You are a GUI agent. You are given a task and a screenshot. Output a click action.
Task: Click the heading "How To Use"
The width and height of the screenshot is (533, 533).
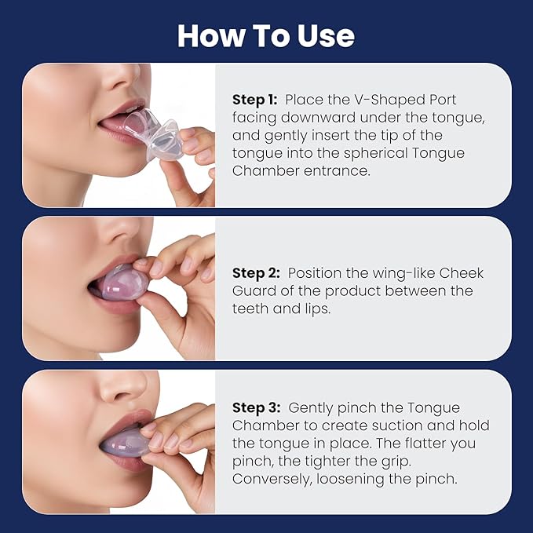coord(266,35)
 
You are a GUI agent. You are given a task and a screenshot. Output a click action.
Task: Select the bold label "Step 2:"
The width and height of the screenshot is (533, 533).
coord(257,272)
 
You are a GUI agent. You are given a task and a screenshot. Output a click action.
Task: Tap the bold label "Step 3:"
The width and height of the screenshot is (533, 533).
coord(257,408)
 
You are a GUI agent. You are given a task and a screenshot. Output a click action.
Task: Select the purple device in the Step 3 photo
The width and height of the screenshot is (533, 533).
coord(125,440)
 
